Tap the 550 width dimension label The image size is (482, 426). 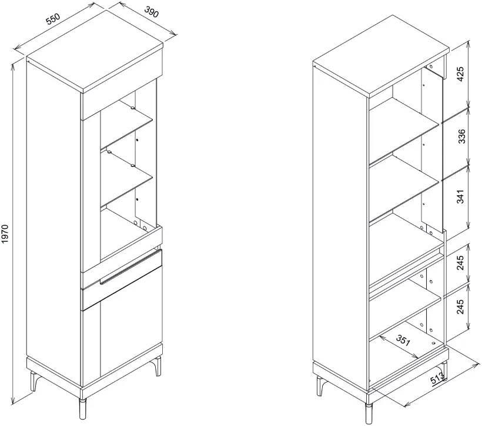(x=52, y=19)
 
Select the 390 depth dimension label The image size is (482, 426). (x=152, y=12)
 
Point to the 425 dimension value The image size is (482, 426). (x=460, y=74)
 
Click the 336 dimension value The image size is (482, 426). (x=461, y=137)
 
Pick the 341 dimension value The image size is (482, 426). (x=460, y=196)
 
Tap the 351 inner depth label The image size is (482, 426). (x=403, y=340)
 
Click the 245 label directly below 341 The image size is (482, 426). (x=460, y=262)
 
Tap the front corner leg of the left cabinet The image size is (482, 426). (x=83, y=409)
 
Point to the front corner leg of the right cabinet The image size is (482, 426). (x=369, y=413)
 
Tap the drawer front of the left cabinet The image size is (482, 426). (x=122, y=281)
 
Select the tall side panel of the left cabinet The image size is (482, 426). (x=53, y=222)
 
